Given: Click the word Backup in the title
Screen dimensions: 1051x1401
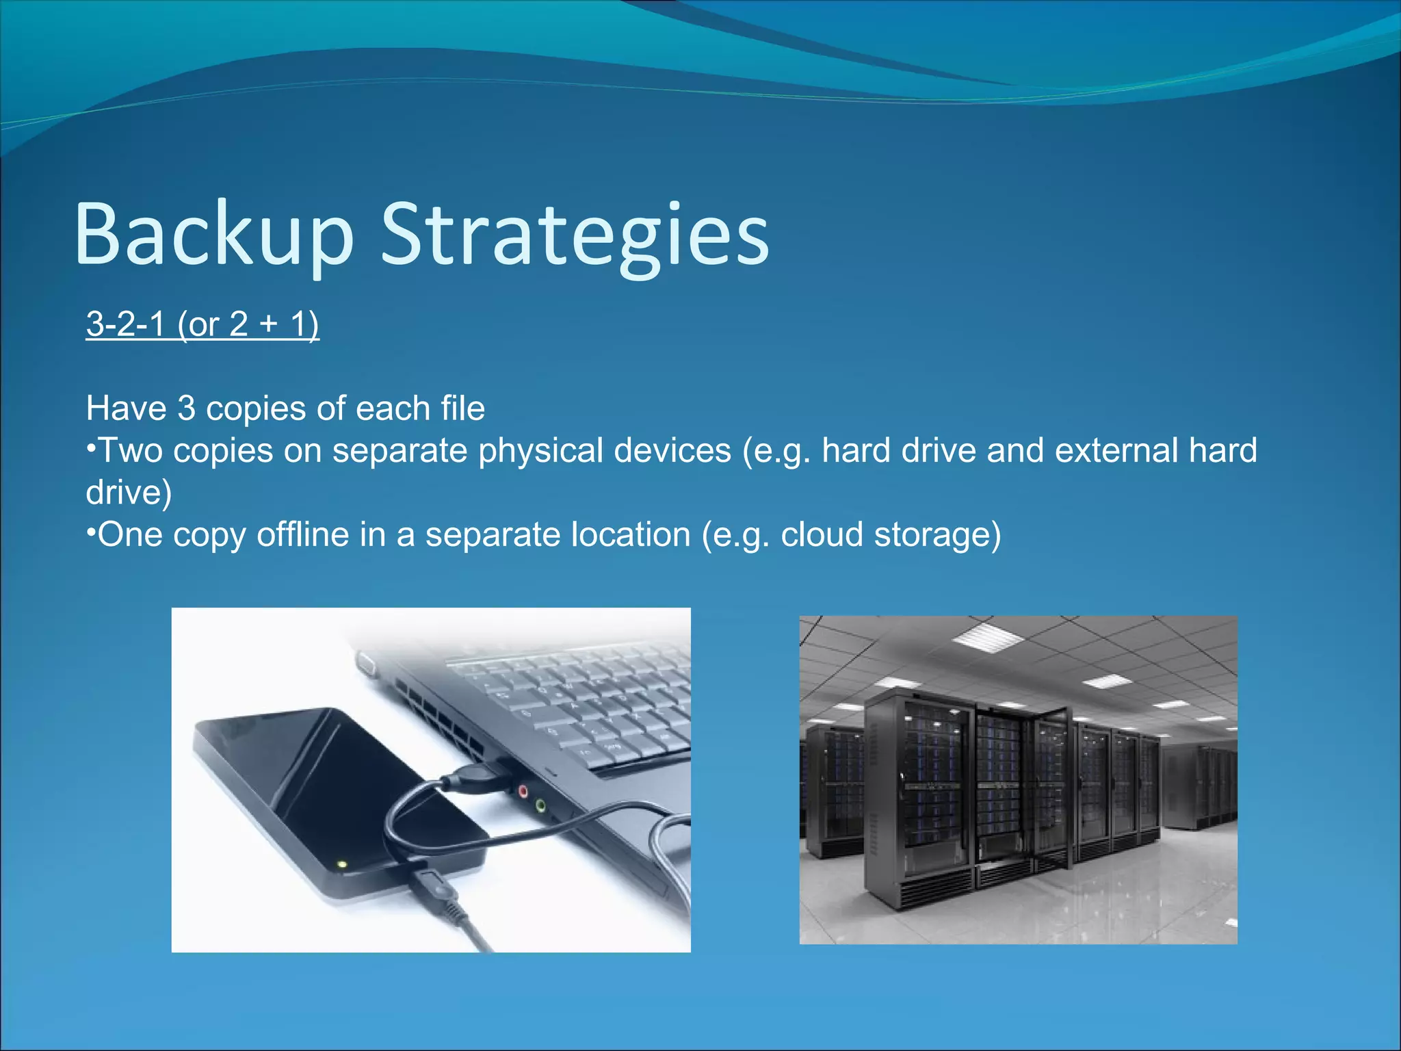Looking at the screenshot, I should [213, 234].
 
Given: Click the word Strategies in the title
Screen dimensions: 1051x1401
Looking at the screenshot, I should [575, 234].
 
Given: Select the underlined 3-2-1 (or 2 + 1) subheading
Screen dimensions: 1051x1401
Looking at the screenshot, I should [202, 324].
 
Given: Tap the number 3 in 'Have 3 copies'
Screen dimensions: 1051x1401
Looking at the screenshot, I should [186, 408].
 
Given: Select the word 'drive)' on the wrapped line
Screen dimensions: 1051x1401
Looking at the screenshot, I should [129, 493].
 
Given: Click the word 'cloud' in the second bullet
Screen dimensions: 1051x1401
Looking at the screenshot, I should [822, 534].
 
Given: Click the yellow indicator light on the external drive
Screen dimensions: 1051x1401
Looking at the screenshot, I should [343, 865].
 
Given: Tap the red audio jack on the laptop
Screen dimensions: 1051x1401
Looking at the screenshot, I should [523, 792].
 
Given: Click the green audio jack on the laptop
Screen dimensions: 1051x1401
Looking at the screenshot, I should [540, 805].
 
